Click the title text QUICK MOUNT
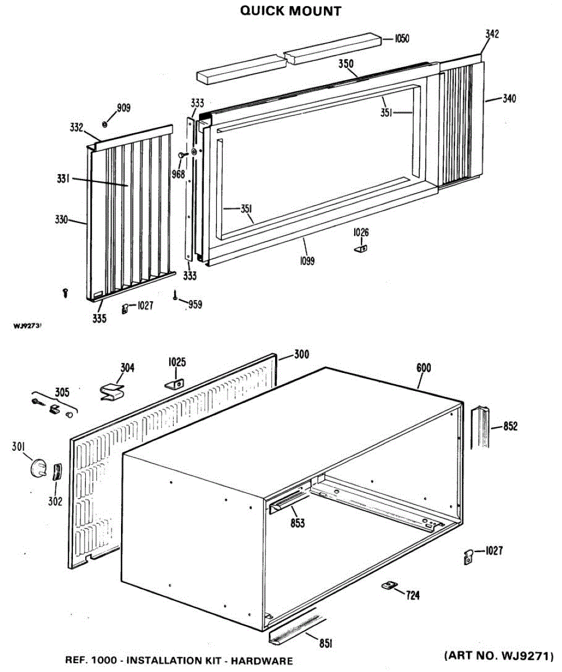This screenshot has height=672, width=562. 290,11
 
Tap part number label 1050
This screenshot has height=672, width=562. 402,39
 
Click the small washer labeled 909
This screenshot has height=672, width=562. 105,124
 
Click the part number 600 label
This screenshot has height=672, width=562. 424,368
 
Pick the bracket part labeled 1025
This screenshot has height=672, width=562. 175,383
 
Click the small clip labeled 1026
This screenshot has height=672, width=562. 361,248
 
